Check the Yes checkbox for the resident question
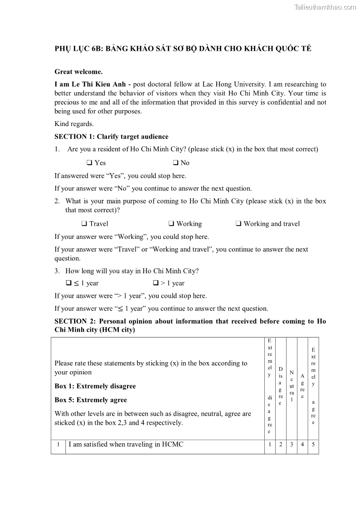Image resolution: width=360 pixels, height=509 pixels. pos(89,163)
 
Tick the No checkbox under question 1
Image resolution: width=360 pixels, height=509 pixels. pos(175,163)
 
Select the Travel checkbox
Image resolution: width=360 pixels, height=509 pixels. pos(84,223)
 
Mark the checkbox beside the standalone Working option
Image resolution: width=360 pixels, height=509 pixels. pos(171,223)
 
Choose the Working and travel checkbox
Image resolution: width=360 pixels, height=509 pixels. pos(238,223)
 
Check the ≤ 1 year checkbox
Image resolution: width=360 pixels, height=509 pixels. pos(69,283)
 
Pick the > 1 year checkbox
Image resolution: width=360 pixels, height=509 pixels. pos(156,283)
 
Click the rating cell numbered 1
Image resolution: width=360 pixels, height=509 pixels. pos(270,445)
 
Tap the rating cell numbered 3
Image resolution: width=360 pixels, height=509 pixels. pos(292,445)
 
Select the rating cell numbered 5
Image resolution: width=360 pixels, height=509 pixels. pos(313,445)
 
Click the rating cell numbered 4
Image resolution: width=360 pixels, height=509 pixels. pos(302,445)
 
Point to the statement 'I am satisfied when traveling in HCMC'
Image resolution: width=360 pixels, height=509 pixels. pos(126,445)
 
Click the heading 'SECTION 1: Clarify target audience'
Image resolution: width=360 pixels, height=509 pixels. pos(111,136)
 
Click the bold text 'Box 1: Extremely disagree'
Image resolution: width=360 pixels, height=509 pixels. pos(95,386)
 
